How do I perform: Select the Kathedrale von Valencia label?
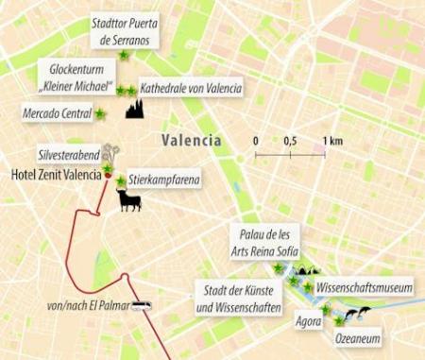190,88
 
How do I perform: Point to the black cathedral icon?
134,108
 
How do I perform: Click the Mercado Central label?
56,113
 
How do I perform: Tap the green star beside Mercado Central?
99,113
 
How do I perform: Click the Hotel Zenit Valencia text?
55,175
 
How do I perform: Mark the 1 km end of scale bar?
325,154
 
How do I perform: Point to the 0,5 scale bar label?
290,141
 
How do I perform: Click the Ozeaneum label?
357,337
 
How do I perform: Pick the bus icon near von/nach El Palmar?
142,305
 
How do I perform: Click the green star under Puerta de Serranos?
124,58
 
